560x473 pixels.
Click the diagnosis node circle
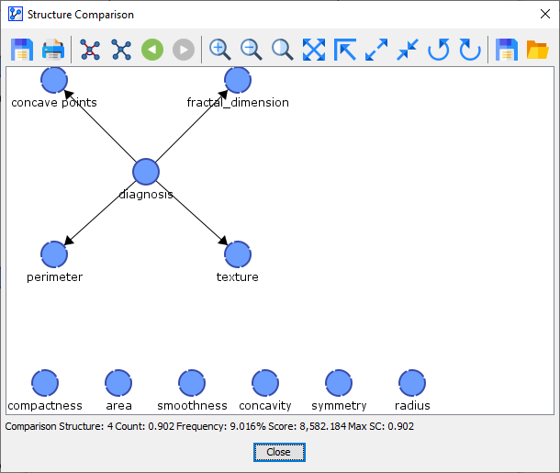pos(146,172)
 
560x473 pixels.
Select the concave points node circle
pos(54,80)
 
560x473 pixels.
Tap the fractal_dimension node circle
pos(238,80)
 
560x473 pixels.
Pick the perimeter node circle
pos(54,254)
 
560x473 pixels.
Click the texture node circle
pos(238,254)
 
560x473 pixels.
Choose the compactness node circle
pos(45,383)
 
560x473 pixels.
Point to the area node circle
pos(118,383)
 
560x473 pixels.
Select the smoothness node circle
pos(192,383)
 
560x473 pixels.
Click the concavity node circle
pos(265,383)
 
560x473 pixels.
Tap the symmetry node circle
pos(339,383)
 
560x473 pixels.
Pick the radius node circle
pos(412,383)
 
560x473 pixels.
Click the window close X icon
pos(545,14)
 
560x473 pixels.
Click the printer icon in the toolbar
pos(53,50)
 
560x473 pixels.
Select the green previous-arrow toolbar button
pos(152,50)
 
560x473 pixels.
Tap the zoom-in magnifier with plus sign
pos(219,50)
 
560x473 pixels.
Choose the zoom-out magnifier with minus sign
pos(251,50)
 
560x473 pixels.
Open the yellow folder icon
pos(537,50)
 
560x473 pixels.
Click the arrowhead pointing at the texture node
pos(224,241)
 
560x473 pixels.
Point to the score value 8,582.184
pos(322,426)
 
